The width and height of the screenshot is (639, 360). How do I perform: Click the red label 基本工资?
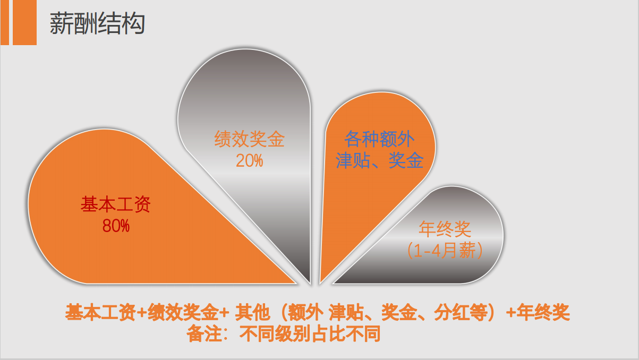pyautogui.click(x=116, y=204)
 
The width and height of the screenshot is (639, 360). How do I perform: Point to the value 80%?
pyautogui.click(x=116, y=226)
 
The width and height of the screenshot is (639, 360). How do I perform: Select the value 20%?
pyautogui.click(x=250, y=160)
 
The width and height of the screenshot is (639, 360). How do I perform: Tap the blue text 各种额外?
pyautogui.click(x=379, y=139)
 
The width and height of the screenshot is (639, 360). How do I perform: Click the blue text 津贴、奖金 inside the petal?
pyautogui.click(x=379, y=160)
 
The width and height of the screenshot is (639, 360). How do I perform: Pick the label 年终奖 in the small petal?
pyautogui.click(x=445, y=229)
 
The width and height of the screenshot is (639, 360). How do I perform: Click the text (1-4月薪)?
pyautogui.click(x=445, y=250)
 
